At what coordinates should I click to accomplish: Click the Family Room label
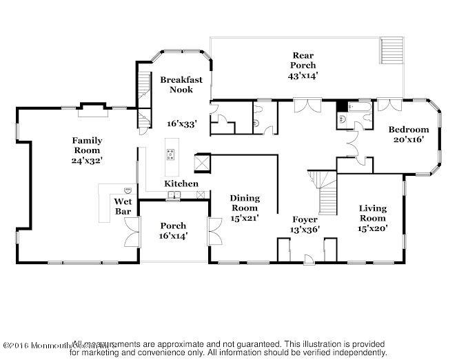87,146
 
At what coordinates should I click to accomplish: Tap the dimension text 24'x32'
87,160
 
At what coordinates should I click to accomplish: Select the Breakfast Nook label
181,85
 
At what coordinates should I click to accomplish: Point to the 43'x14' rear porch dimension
303,76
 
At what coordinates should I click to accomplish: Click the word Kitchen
181,183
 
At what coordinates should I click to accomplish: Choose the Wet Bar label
122,206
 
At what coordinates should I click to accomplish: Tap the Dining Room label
245,203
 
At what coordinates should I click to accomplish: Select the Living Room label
373,213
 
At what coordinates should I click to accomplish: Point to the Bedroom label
408,129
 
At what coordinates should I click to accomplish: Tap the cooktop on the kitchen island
170,154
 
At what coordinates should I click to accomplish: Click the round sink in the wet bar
128,190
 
